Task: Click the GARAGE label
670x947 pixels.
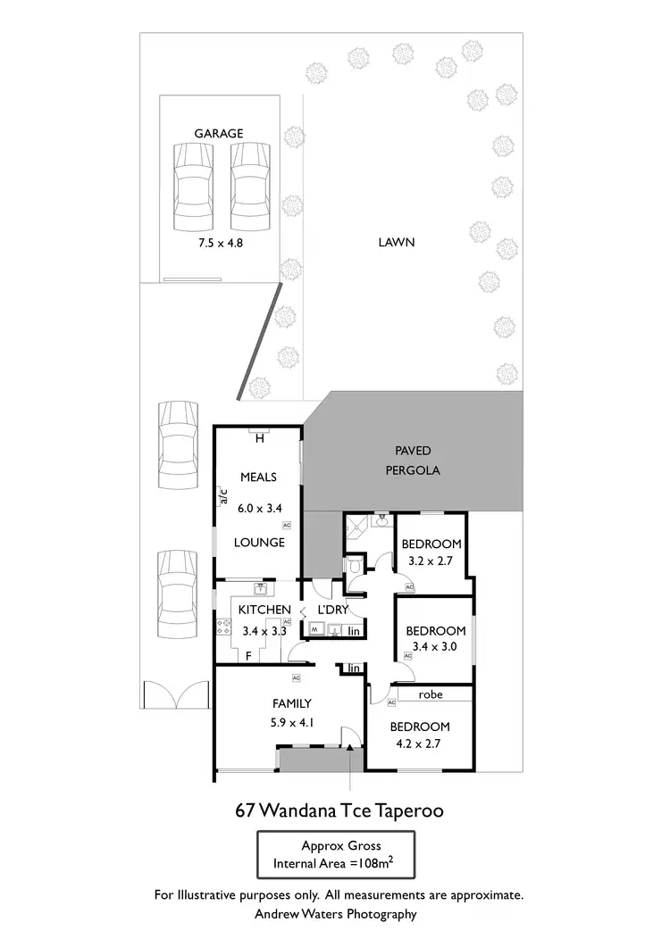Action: coord(219,134)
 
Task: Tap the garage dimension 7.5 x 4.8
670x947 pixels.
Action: coord(219,242)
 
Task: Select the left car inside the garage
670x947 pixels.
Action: coord(194,187)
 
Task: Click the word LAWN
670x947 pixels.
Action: coord(397,242)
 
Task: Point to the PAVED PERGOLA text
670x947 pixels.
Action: coord(415,461)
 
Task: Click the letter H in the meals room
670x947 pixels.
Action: coord(260,438)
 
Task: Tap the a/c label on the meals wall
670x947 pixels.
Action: coord(224,496)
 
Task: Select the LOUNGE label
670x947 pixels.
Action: coord(260,543)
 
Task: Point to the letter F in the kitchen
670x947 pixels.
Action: coord(248,656)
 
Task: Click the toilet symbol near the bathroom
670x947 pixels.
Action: coord(355,566)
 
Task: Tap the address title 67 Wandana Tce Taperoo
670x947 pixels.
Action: coord(339,811)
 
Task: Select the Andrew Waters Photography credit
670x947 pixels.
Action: coord(336,914)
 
